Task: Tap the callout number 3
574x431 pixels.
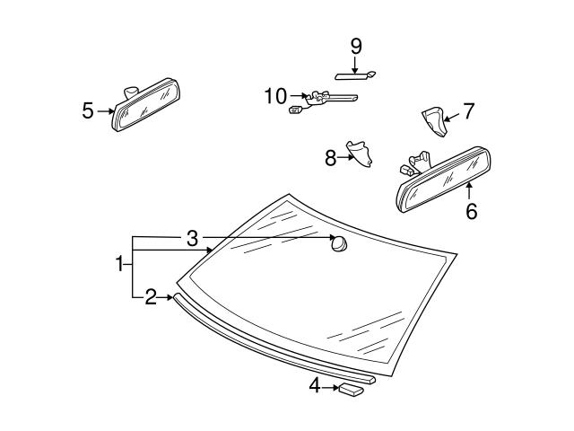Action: point(192,239)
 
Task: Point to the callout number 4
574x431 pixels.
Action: point(315,387)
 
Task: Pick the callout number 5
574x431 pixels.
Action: point(87,110)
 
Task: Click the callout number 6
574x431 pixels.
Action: point(470,212)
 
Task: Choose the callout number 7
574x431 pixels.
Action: point(468,111)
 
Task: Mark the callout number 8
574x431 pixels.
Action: point(330,158)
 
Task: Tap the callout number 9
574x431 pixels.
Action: point(355,45)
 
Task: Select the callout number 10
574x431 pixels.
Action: point(274,94)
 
